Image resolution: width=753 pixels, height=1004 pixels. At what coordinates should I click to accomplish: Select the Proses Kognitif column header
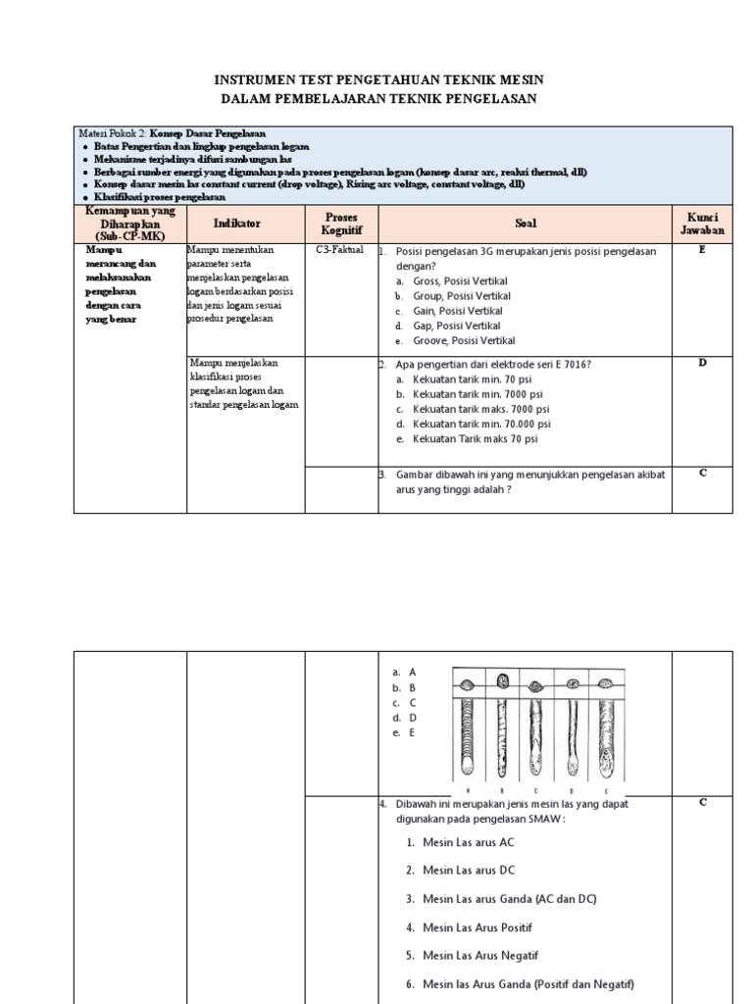[x=341, y=223]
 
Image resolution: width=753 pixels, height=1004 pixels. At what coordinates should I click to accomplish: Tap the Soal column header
[x=525, y=224]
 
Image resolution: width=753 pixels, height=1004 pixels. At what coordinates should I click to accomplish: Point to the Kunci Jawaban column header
[x=701, y=223]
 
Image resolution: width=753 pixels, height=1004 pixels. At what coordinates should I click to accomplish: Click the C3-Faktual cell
[x=339, y=250]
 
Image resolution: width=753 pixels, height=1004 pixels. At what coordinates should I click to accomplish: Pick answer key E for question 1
[x=701, y=250]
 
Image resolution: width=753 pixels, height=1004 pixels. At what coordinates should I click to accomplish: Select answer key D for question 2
[x=701, y=363]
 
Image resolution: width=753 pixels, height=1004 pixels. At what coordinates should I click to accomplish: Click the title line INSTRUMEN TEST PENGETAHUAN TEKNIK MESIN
[x=377, y=79]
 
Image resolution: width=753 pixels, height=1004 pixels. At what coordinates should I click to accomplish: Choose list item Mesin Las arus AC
[x=468, y=841]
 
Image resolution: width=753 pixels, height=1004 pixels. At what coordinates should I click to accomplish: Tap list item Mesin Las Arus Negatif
[x=480, y=955]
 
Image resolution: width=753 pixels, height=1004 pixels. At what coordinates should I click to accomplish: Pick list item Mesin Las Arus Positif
[x=478, y=927]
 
